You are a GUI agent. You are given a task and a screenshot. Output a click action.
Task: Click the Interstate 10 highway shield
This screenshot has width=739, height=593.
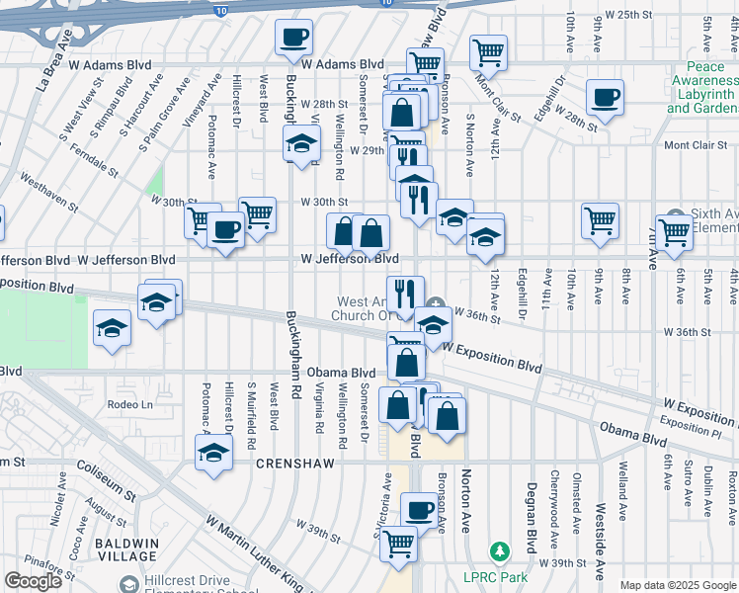tap(219, 11)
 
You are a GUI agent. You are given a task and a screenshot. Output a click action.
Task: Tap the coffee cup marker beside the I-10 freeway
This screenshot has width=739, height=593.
tap(293, 39)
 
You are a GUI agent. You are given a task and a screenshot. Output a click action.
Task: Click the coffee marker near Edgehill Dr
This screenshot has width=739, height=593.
tap(605, 97)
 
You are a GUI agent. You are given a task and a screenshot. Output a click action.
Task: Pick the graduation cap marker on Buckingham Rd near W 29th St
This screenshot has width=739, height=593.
tap(302, 144)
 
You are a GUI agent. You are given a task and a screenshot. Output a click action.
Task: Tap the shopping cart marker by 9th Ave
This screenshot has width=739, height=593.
tap(600, 220)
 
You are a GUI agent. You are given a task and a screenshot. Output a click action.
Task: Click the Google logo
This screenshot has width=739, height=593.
tap(34, 581)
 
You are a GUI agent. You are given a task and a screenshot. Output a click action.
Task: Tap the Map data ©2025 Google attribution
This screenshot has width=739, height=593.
tap(679, 585)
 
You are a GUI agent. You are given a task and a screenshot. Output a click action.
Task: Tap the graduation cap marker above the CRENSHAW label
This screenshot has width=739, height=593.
tap(212, 454)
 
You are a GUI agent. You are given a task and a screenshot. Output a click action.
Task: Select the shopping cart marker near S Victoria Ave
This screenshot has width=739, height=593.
tap(398, 542)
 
